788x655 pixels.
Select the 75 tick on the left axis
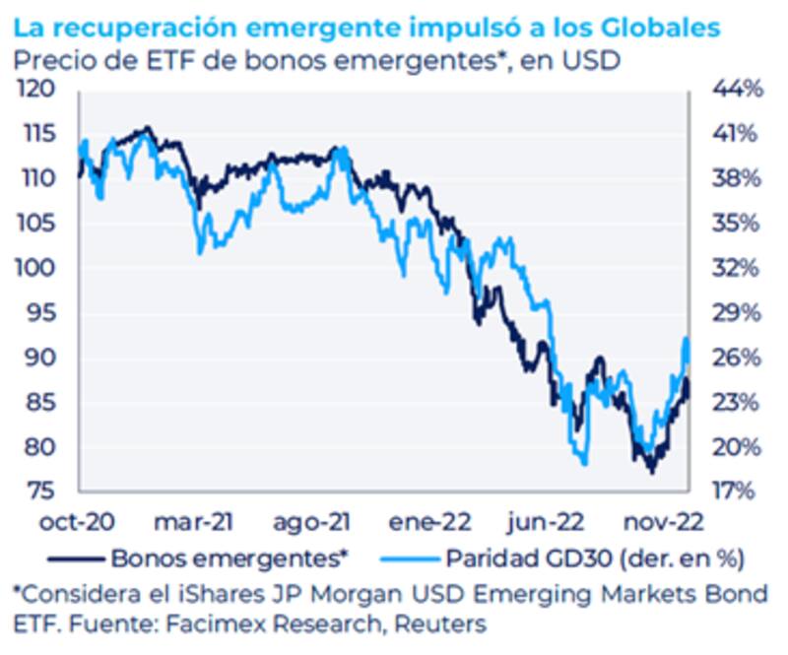pyautogui.click(x=40, y=491)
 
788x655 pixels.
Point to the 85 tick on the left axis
pyautogui.click(x=40, y=403)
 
